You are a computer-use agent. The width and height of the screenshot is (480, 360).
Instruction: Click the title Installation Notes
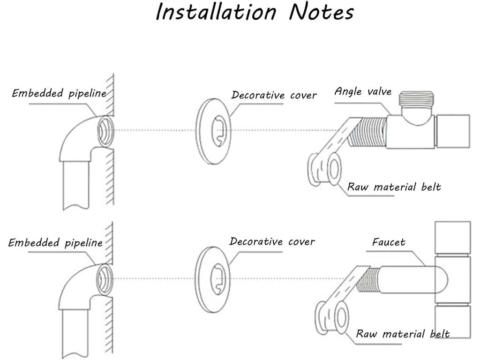(x=255, y=12)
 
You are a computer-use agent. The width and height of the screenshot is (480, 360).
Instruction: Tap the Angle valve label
(x=363, y=91)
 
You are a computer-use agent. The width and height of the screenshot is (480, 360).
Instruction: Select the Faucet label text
(x=389, y=242)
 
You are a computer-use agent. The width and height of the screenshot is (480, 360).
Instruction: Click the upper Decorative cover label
(x=274, y=95)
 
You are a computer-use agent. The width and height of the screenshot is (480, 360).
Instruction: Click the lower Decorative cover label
(x=272, y=242)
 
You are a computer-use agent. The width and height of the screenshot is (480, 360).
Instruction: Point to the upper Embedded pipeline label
(x=59, y=93)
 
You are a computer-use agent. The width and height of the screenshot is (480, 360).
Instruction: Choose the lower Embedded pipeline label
(x=55, y=243)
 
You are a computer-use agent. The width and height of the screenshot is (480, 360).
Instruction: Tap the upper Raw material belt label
(x=394, y=187)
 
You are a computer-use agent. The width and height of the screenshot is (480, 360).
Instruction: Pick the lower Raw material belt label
(x=403, y=334)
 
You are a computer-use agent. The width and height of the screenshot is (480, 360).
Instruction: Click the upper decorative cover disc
(x=213, y=131)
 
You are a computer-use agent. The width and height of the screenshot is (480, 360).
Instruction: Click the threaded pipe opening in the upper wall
(x=105, y=131)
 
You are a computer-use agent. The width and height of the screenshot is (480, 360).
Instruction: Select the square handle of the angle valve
(x=452, y=132)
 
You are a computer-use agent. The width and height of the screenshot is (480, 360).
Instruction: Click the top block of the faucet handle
(x=452, y=238)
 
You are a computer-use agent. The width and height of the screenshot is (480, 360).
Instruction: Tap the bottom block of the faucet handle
(x=452, y=321)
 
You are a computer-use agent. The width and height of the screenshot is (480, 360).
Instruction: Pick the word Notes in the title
(x=321, y=12)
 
